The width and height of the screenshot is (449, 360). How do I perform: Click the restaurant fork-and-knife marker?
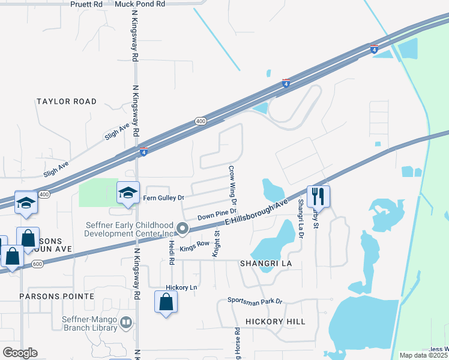(318, 196)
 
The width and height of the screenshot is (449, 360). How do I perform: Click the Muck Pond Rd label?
(140, 4)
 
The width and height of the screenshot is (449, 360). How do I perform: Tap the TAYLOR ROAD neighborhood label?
(66, 102)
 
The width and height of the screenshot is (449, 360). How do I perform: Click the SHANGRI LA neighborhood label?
(265, 263)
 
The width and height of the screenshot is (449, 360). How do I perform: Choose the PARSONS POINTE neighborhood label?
(56, 296)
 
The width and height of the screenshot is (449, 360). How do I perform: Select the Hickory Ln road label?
(181, 288)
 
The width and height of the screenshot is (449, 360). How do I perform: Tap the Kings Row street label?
(194, 244)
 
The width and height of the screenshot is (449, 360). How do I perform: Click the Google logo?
(20, 353)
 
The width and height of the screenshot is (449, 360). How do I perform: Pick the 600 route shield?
(38, 263)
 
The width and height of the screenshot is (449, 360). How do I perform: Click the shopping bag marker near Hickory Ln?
(166, 302)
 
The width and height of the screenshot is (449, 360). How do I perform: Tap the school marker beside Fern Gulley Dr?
(128, 193)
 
